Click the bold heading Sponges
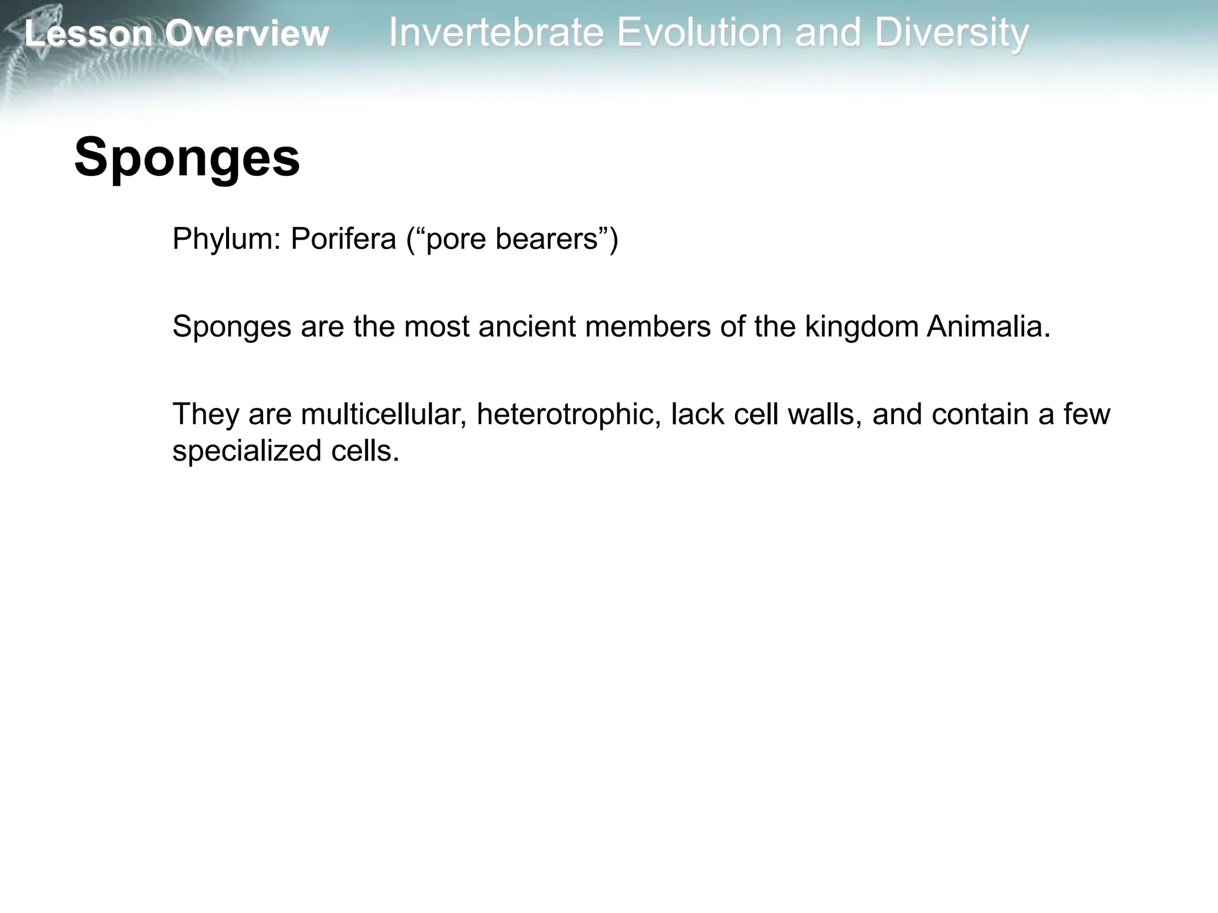tap(187, 158)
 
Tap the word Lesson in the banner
tap(89, 33)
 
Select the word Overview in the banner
tap(247, 33)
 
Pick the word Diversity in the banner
tap(951, 33)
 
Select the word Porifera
tap(343, 239)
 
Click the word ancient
tap(527, 326)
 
